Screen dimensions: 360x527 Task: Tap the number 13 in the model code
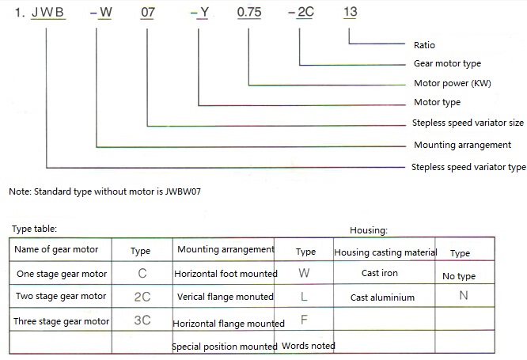pos(350,13)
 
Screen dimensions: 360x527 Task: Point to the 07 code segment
pos(148,13)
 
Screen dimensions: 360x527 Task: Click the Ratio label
pos(424,45)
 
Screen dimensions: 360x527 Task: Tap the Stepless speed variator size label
pos(468,123)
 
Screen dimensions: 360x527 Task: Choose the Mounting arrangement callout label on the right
pos(462,145)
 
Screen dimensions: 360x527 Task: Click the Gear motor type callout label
pos(447,63)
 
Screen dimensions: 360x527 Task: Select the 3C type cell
pos(143,321)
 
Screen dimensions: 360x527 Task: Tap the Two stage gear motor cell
pos(61,297)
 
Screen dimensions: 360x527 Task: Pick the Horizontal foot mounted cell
pos(226,274)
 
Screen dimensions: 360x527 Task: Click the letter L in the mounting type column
pos(305,297)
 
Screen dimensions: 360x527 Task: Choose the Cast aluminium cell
pos(382,297)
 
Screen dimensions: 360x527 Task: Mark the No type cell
pos(459,276)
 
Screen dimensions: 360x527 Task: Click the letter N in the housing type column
pos(463,295)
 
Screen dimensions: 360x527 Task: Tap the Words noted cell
pos(308,346)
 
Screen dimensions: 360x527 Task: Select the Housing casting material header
pos(385,252)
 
